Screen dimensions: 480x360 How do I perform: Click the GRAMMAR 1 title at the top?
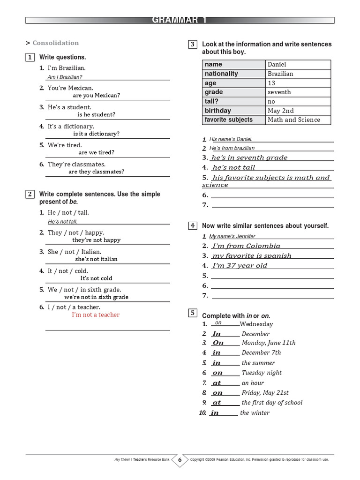(180, 20)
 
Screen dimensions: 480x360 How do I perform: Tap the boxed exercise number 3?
(192, 45)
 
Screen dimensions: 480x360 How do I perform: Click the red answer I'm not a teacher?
(96, 315)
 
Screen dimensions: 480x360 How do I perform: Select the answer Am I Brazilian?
(65, 77)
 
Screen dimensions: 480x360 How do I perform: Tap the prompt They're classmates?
(76, 165)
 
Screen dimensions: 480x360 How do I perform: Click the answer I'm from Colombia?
(246, 246)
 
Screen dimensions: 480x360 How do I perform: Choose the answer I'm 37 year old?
(240, 266)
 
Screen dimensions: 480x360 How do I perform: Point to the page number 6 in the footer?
(180, 460)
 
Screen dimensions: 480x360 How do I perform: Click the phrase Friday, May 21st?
(265, 393)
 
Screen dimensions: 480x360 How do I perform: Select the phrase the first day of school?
(272, 403)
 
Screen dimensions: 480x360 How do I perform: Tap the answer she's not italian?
(96, 259)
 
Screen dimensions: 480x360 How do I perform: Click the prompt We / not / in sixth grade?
(84, 290)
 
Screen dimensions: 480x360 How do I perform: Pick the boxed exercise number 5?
(192, 313)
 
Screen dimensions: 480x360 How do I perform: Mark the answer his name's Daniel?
(231, 139)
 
